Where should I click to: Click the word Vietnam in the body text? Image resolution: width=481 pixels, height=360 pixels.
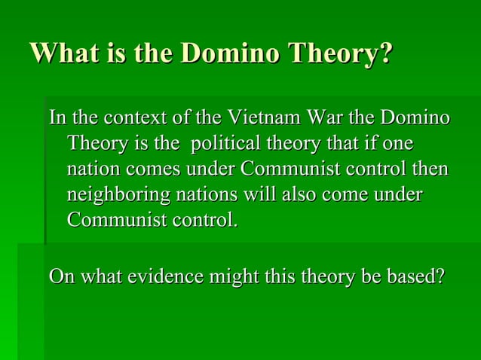coord(265,117)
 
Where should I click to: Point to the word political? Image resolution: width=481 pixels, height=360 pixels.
coord(225,143)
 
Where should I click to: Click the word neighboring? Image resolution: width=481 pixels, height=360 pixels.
coord(118,195)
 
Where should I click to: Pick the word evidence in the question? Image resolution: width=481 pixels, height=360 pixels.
coord(165,276)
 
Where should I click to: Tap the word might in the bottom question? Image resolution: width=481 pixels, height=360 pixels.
coord(234,277)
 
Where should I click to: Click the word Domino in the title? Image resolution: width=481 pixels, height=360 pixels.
coord(231,53)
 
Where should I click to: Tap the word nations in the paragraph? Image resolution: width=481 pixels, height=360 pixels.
coord(207,195)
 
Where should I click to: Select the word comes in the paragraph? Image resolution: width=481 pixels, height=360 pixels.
coord(153,169)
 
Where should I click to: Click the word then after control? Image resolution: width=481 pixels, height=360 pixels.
coord(430,169)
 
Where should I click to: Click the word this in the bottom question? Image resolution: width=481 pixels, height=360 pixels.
coord(280,276)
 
